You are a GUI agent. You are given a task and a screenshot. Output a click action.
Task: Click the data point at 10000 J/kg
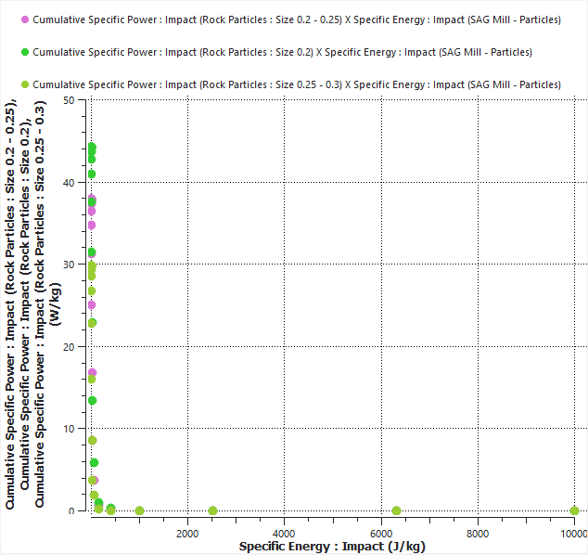(574, 510)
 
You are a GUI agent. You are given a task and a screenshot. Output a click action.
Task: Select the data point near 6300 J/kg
(396, 510)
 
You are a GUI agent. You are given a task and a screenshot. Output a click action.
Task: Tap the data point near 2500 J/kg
(212, 510)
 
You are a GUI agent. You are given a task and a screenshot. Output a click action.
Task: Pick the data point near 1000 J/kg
(139, 510)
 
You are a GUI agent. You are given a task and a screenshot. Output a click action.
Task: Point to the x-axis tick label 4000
(284, 533)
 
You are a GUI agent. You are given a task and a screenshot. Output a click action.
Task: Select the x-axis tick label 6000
(380, 533)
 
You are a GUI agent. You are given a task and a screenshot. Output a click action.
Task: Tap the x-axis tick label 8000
(478, 533)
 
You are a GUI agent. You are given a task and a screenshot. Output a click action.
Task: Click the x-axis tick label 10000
(572, 533)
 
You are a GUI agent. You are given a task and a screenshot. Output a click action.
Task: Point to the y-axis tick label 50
(69, 100)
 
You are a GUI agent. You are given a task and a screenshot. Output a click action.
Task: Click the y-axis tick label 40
(69, 183)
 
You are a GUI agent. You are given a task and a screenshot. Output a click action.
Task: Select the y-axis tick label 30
(69, 265)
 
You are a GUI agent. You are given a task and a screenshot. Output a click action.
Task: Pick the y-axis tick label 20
(69, 346)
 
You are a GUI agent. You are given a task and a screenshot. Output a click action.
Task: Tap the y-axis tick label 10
(69, 429)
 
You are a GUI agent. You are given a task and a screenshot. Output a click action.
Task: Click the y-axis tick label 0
(71, 510)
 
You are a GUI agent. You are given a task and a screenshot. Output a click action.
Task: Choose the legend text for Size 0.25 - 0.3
(297, 84)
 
